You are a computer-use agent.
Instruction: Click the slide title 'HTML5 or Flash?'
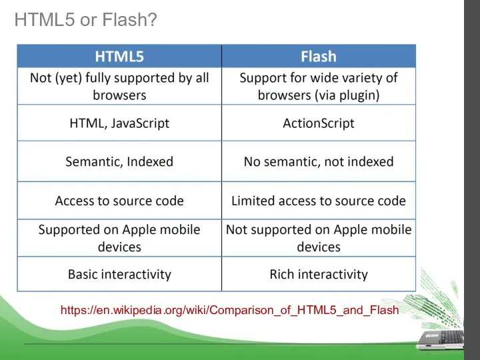85,21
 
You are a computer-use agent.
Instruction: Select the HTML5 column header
119,56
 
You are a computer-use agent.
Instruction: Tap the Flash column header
319,56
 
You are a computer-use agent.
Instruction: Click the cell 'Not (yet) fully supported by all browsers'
119,86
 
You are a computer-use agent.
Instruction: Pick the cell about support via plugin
319,86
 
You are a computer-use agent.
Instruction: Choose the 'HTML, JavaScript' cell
119,123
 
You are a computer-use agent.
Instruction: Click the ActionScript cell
319,123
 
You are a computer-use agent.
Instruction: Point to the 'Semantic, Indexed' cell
119,161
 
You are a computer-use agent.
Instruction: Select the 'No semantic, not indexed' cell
319,161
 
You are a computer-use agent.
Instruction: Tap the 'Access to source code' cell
119,201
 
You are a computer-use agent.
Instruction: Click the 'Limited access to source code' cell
319,201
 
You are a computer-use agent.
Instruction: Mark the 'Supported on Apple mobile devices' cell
119,238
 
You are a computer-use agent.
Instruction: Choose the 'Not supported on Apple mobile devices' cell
319,238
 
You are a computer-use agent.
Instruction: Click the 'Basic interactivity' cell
119,274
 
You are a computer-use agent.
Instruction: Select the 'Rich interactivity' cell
319,274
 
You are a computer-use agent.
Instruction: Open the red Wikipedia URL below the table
229,310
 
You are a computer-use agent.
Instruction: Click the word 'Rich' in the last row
283,274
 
